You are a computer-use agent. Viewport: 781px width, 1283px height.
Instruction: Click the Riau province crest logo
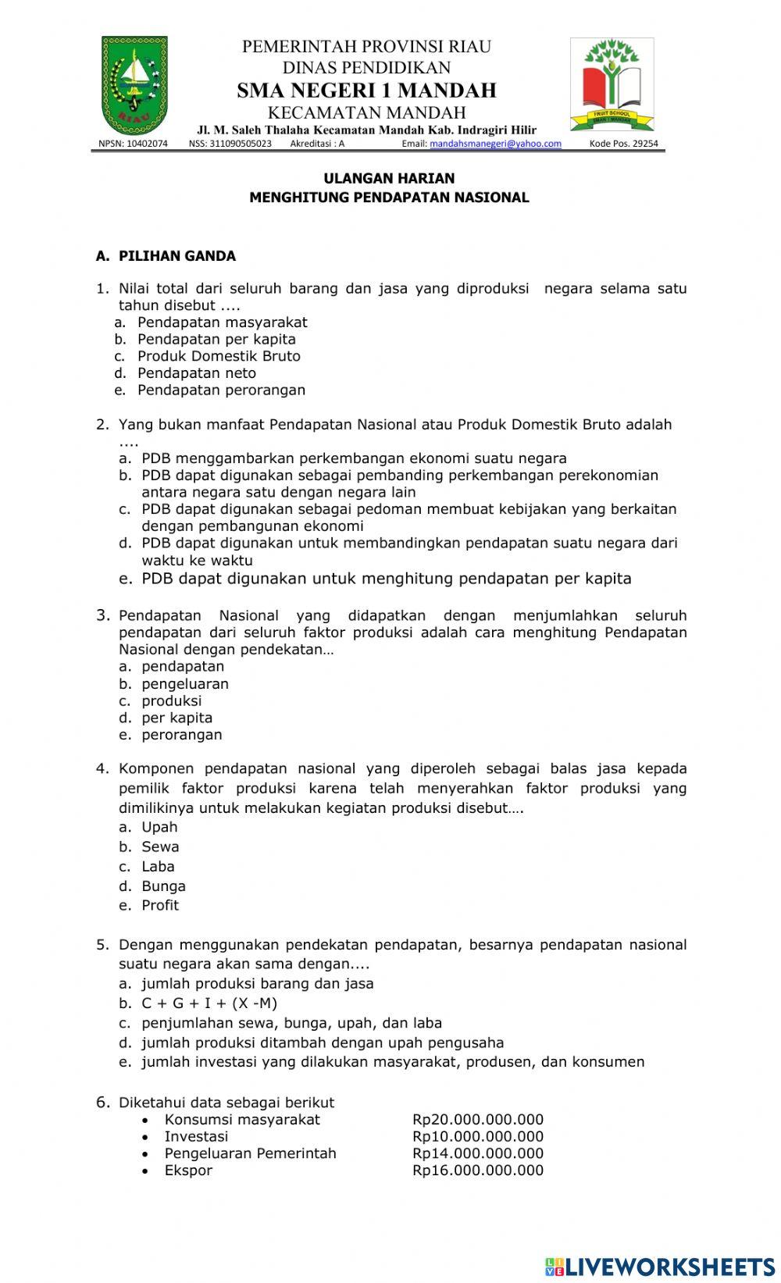[134, 85]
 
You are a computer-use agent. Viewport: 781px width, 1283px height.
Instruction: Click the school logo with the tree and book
[612, 84]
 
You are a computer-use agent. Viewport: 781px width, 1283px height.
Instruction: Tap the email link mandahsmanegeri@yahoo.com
[495, 144]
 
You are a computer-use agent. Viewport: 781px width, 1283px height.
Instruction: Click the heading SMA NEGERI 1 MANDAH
[366, 91]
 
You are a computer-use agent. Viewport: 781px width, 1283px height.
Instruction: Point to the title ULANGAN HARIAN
[389, 178]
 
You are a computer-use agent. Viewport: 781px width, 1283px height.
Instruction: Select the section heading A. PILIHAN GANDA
[166, 256]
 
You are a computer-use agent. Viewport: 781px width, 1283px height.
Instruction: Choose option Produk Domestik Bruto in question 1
[219, 356]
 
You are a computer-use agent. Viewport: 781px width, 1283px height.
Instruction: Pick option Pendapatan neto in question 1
[196, 373]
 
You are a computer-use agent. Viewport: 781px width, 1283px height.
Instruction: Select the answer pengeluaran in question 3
[185, 684]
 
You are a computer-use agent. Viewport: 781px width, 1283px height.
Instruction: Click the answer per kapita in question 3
[177, 718]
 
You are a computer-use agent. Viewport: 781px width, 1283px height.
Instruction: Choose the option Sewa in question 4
[160, 846]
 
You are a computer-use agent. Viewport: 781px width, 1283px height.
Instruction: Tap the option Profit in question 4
[160, 905]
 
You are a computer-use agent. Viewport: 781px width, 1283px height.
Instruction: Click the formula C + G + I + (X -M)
[209, 1003]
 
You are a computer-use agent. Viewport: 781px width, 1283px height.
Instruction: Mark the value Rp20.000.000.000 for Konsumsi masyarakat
[477, 1120]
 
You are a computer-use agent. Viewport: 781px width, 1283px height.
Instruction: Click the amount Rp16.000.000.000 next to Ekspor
[477, 1171]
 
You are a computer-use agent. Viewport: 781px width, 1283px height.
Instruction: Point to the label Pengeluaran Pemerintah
[250, 1153]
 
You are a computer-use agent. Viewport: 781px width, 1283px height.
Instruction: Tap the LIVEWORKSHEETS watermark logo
[659, 1266]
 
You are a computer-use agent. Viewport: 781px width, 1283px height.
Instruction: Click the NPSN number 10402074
[133, 144]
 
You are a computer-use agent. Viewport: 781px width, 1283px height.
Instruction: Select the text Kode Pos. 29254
[623, 144]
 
